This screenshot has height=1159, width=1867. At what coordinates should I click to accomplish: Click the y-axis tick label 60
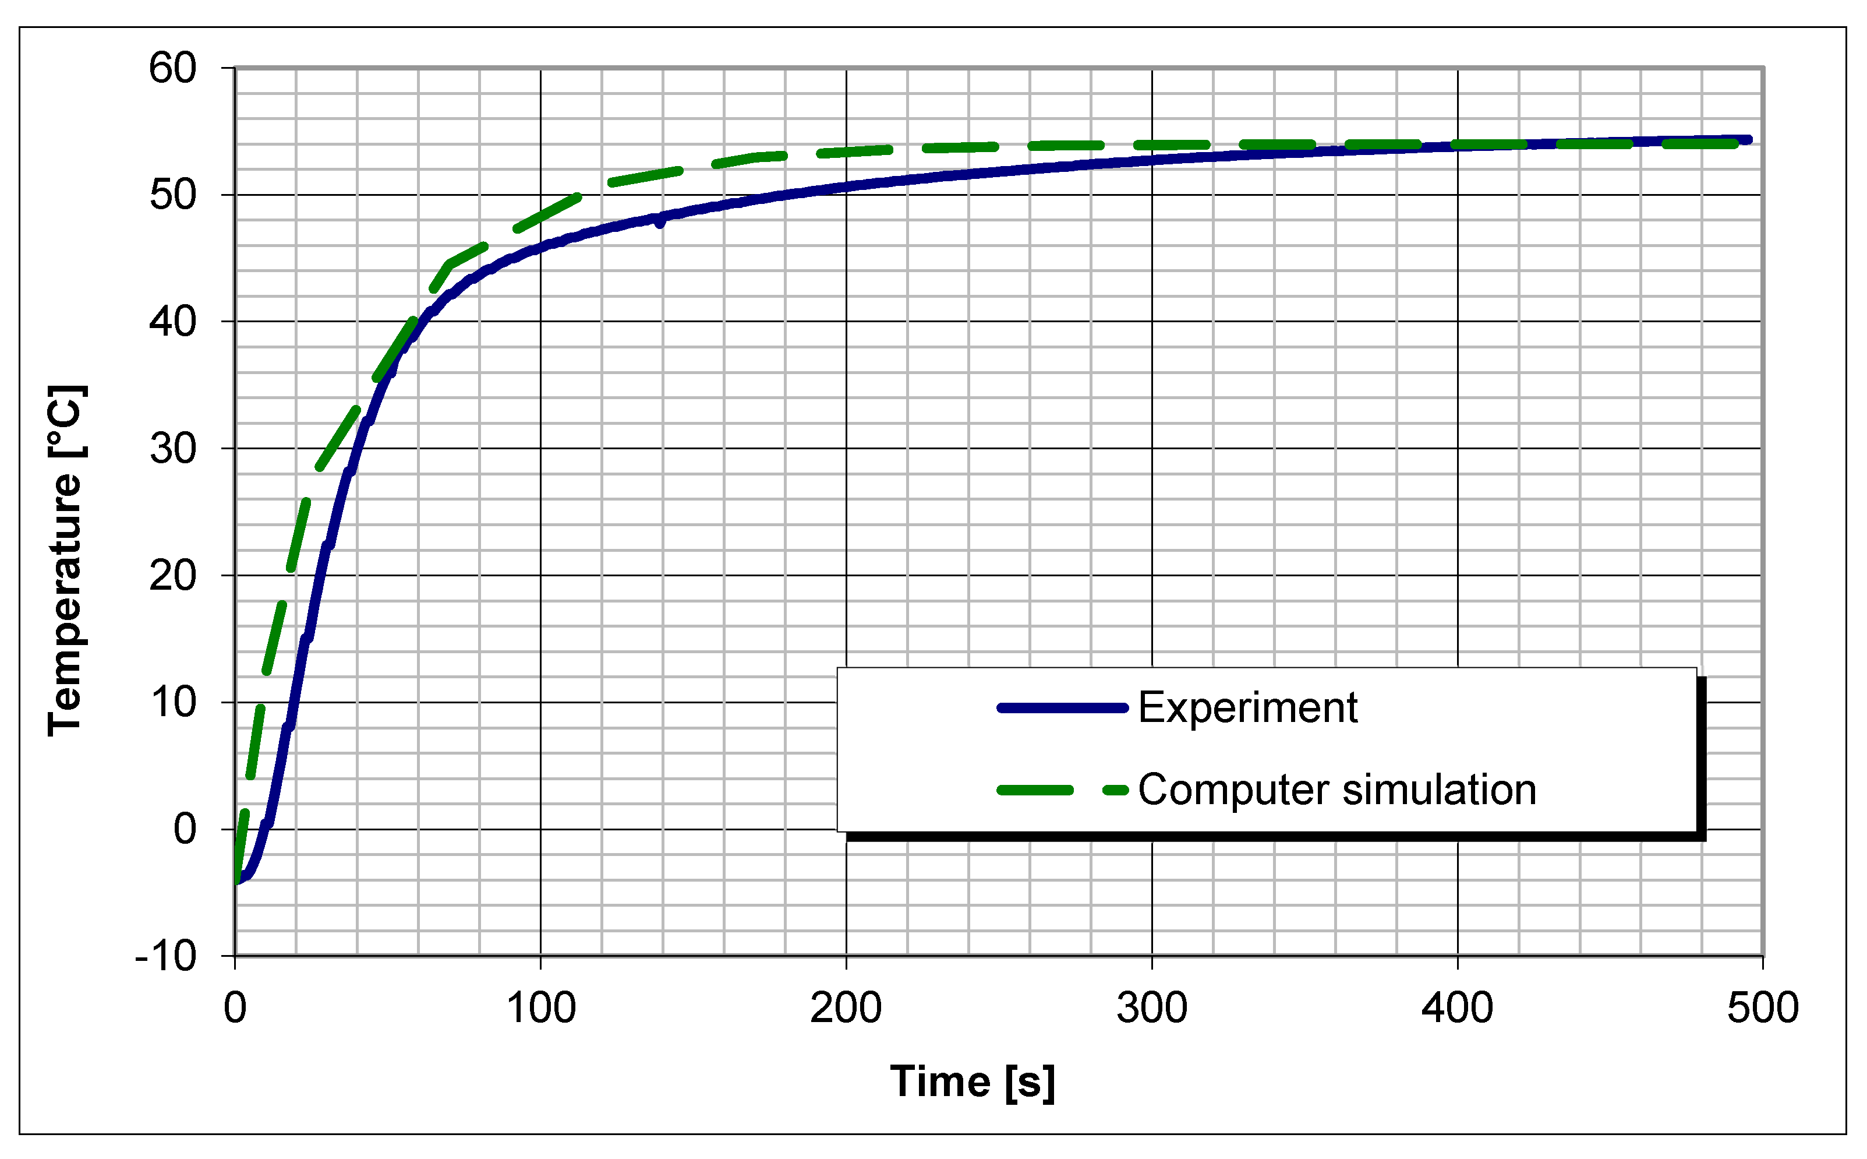pos(172,68)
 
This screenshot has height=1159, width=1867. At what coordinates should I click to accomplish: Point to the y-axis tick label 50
pos(172,195)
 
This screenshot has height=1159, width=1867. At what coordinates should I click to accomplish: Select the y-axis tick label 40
pos(172,321)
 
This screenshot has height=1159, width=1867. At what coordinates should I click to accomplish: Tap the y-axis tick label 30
pos(172,449)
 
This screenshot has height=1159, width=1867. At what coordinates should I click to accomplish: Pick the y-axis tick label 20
pos(172,575)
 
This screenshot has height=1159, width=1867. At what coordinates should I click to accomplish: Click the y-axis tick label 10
pos(172,702)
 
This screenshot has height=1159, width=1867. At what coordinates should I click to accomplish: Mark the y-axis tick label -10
pos(165,956)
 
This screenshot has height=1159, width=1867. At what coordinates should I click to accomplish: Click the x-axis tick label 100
pos(541,1008)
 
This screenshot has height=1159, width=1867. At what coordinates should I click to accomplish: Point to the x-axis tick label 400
pos(1457,1008)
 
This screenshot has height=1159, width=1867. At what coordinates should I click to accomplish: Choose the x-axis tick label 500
pos(1763,1008)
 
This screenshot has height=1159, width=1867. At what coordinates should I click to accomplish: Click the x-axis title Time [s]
pos(972,1082)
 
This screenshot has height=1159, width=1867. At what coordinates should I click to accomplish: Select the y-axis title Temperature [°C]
pos(66,561)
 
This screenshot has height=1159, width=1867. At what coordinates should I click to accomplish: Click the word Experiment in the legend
pos(1247,707)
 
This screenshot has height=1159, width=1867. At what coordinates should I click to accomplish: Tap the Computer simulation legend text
pos(1337,790)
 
